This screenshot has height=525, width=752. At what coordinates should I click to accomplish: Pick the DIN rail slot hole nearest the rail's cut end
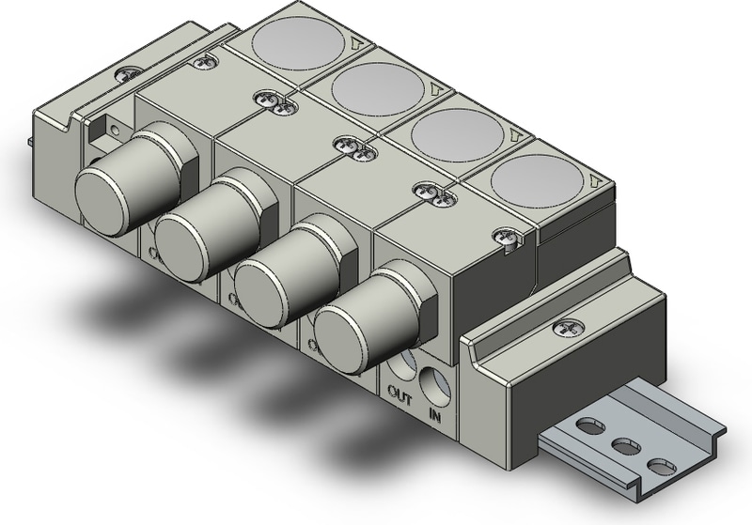click(662, 465)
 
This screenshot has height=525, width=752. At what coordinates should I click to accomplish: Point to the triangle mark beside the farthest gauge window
click(356, 42)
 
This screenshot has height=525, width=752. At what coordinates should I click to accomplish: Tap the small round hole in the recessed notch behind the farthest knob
click(113, 130)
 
